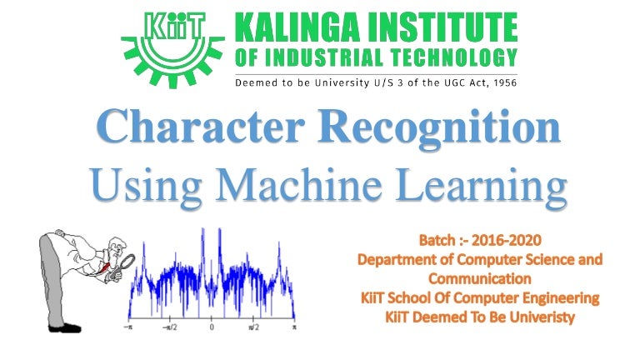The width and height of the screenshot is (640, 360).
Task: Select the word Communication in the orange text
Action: coord(479,278)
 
